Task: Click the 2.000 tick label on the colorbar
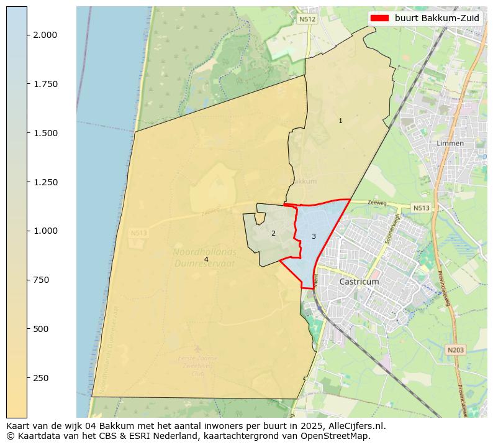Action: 45,35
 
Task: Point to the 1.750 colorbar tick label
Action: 45,84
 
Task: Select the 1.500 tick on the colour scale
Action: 45,133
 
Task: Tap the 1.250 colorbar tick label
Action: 45,182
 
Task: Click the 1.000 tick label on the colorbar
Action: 45,231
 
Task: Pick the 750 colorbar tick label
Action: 40,280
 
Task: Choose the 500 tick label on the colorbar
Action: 40,329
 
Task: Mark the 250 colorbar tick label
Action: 40,378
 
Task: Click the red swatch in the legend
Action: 379,18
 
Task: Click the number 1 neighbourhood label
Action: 340,121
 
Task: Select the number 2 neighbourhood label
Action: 273,233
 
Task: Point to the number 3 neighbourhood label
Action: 314,236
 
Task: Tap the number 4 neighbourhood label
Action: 206,259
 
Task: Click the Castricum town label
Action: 359,282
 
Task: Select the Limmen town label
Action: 450,143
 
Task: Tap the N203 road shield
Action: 455,351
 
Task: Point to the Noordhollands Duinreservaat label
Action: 205,257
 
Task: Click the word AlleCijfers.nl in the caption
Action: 356,426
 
